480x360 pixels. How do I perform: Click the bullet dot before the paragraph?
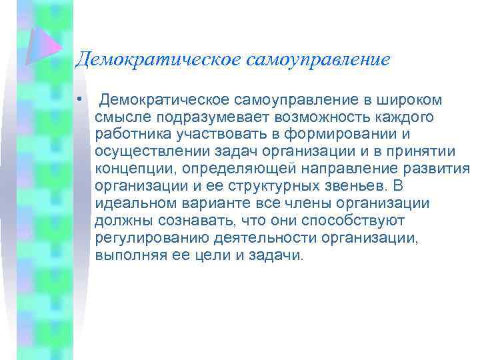tap(79, 100)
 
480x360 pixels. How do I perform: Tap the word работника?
tap(129, 135)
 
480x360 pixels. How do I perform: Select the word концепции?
tap(129, 169)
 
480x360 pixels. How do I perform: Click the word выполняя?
tap(127, 256)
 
